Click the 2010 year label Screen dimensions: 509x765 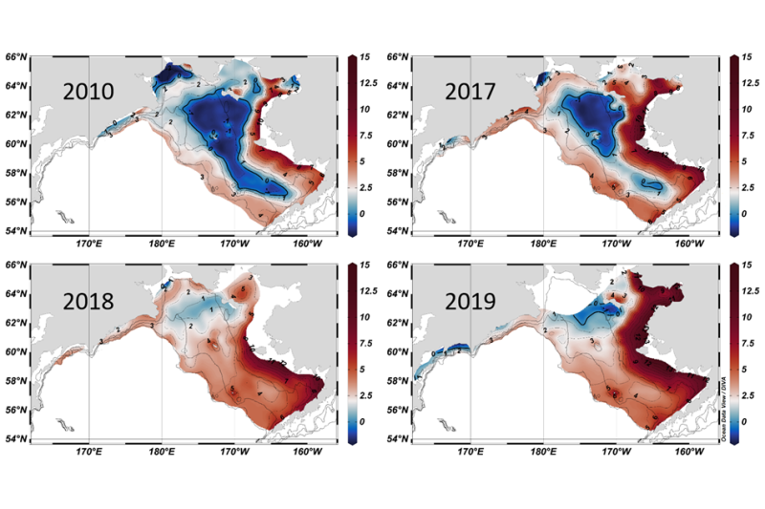[89, 93]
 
